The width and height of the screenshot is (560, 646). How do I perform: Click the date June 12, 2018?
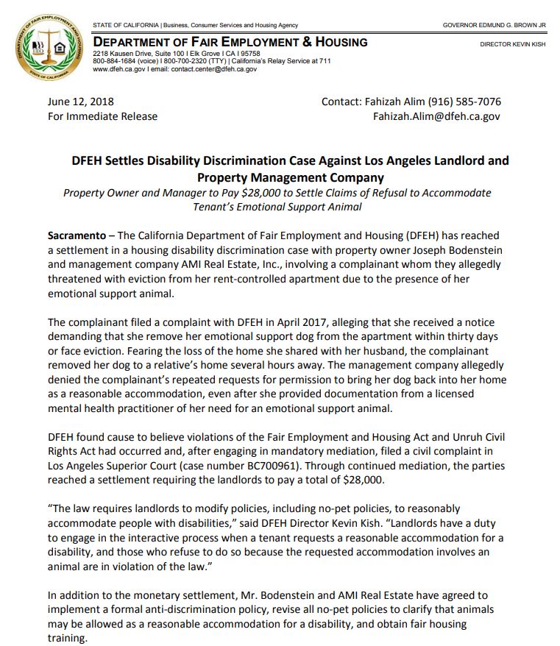click(x=80, y=102)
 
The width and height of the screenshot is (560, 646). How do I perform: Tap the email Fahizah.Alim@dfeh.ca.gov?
click(x=436, y=116)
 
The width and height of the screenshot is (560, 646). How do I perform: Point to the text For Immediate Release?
click(x=102, y=116)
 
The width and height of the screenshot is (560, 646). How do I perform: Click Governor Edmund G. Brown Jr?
click(x=494, y=26)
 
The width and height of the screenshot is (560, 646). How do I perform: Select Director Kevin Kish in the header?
click(x=513, y=44)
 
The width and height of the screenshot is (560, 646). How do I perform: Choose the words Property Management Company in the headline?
click(x=290, y=177)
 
